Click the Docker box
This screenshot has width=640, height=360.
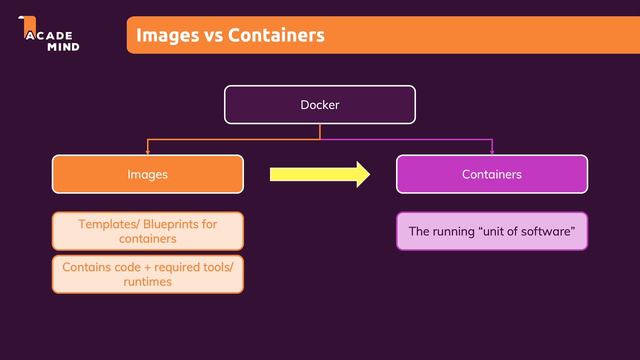tap(320, 104)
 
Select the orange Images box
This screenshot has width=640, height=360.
tap(148, 174)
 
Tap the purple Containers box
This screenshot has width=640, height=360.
tap(492, 174)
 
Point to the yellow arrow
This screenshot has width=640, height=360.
tap(320, 174)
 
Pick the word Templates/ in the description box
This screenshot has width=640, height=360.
tap(109, 224)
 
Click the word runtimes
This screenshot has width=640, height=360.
tap(148, 282)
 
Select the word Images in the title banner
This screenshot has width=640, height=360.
tap(168, 36)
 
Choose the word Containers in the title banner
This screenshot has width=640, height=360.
tap(276, 35)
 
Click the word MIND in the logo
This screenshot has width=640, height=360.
tap(63, 47)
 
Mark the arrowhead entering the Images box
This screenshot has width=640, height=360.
tap(148, 152)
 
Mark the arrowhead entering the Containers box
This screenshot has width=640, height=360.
tap(492, 152)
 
